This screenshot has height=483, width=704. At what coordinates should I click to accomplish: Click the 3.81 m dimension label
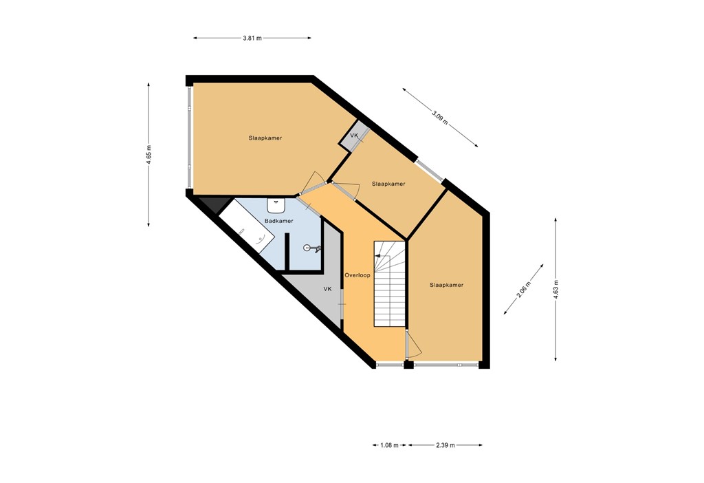tap(252, 38)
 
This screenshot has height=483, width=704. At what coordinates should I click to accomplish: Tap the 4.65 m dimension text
tap(148, 155)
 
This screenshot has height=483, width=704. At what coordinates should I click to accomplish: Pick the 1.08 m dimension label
tap(389, 445)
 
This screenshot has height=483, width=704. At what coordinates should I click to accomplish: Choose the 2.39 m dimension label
tap(445, 445)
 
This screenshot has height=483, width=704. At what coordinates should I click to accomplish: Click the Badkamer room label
tap(278, 221)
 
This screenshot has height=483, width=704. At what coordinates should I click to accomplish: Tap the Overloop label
tap(357, 275)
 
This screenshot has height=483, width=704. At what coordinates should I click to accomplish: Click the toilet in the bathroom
tap(310, 248)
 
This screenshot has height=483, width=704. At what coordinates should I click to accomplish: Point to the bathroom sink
tap(276, 205)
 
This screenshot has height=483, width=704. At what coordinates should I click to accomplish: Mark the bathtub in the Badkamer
tap(247, 230)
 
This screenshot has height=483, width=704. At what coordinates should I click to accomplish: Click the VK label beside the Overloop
tap(328, 289)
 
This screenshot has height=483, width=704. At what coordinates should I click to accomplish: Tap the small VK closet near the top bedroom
tap(354, 136)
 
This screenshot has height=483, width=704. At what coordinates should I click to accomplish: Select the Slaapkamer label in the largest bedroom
tap(265, 138)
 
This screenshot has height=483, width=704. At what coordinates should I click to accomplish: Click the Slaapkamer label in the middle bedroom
tap(388, 184)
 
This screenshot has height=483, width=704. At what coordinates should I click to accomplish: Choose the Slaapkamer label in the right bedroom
tap(446, 285)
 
